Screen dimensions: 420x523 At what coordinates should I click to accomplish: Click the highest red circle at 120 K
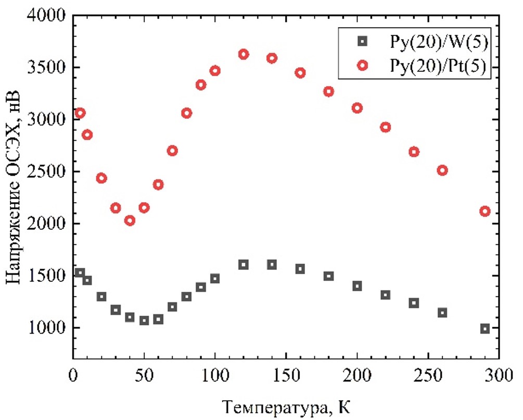[x=243, y=54]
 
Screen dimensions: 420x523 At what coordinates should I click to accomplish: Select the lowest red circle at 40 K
[x=130, y=220]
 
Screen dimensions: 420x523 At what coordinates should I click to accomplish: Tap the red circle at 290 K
[x=485, y=211]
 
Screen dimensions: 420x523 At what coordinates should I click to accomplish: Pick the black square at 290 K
[x=485, y=328]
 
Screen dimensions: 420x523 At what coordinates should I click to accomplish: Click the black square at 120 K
[x=243, y=265]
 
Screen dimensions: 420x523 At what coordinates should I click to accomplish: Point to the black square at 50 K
[x=144, y=320]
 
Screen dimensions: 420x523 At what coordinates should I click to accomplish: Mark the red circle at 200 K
[x=357, y=108]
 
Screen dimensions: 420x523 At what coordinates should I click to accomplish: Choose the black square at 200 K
[x=357, y=286]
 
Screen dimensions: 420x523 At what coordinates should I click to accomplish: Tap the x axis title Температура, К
[x=285, y=405]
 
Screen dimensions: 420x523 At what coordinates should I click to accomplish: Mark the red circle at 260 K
[x=442, y=170]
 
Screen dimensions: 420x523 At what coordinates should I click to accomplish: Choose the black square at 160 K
[x=300, y=269]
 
